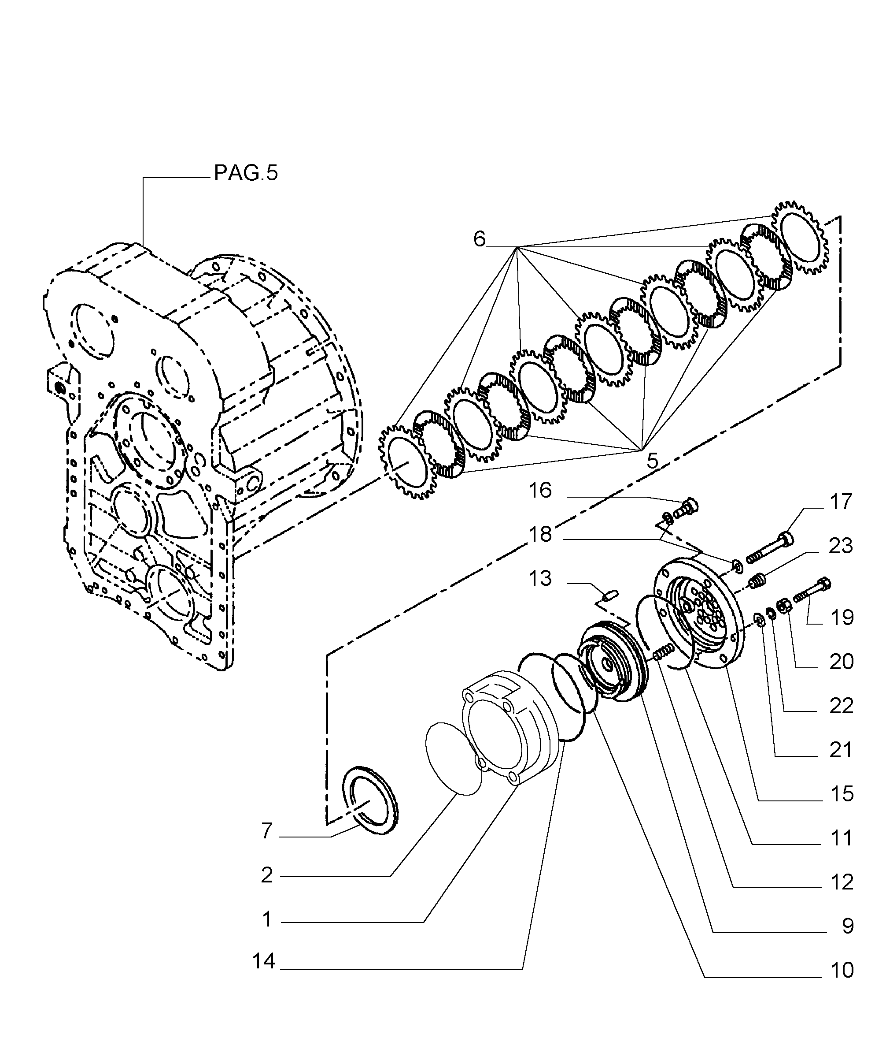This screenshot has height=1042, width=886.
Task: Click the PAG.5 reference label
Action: [x=246, y=173]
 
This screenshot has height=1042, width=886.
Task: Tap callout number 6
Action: [x=480, y=239]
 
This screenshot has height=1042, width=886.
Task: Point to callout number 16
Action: [x=540, y=491]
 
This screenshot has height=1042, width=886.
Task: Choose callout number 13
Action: [x=540, y=579]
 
